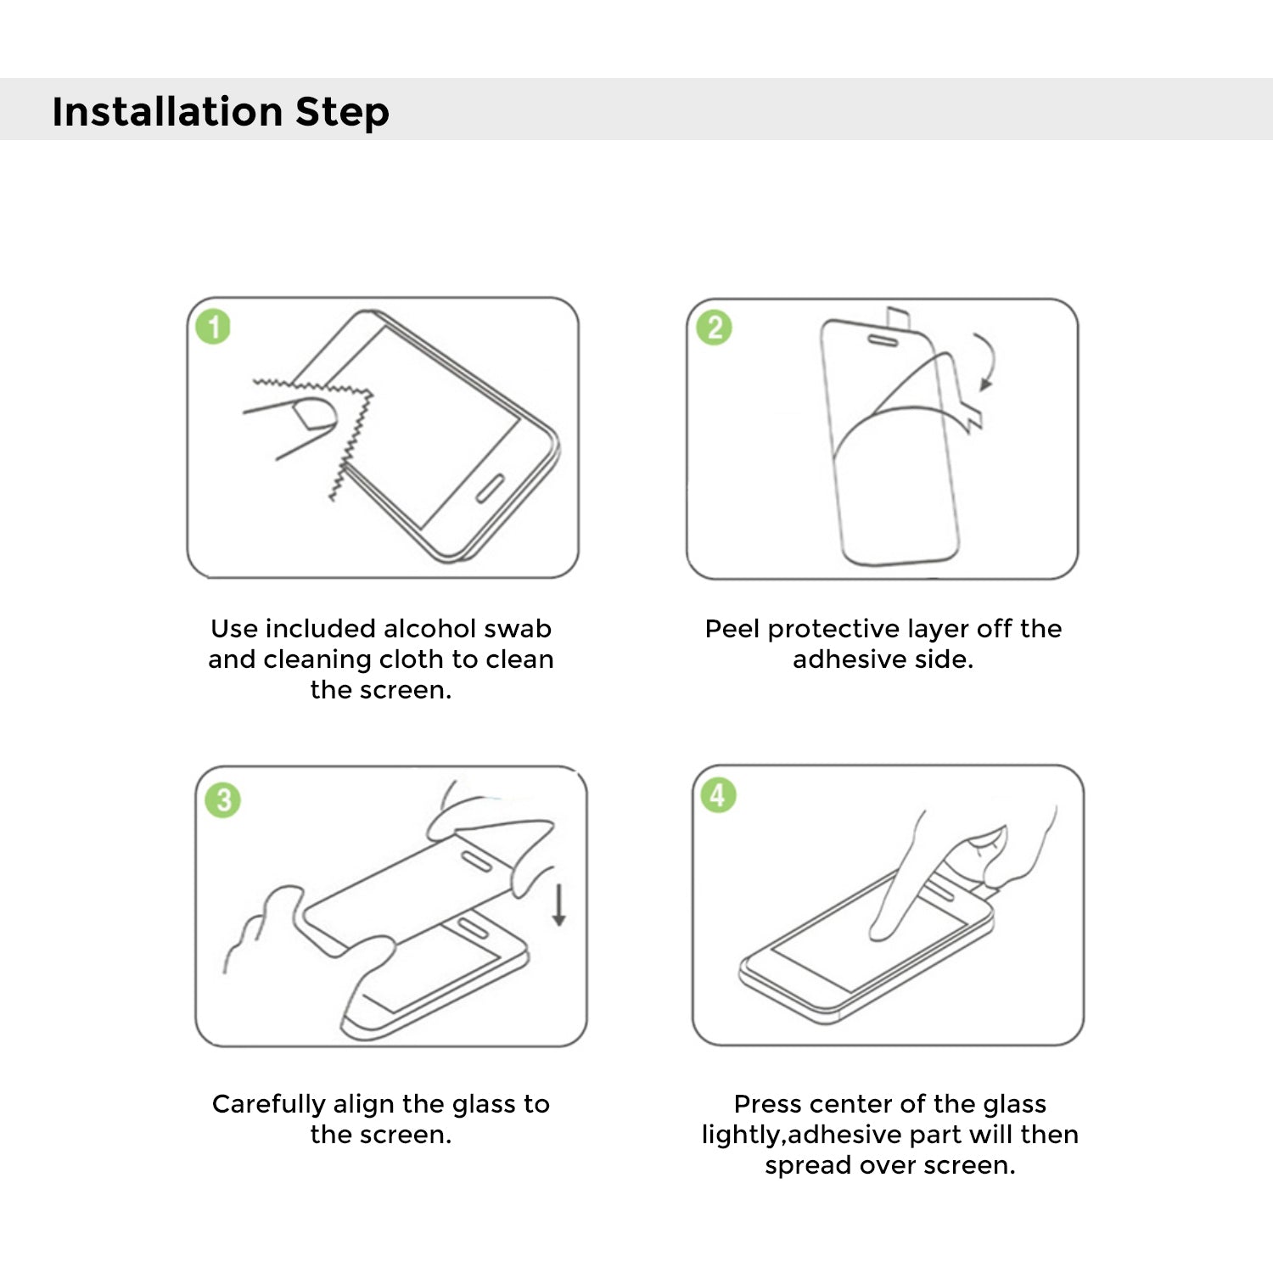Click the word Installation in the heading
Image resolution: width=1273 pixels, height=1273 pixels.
point(167,111)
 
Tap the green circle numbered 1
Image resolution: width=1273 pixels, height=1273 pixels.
point(213,327)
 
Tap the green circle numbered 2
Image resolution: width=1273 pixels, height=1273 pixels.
point(714,328)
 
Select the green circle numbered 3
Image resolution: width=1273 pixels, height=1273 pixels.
point(223,799)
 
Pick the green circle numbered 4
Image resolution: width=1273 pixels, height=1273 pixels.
point(718,795)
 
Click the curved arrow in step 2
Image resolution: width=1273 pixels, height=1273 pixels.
point(988,359)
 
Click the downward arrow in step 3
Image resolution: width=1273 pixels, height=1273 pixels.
point(558,905)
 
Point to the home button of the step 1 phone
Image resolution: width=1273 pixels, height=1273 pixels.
point(491,487)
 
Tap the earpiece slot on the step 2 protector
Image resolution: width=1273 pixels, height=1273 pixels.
point(882,341)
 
